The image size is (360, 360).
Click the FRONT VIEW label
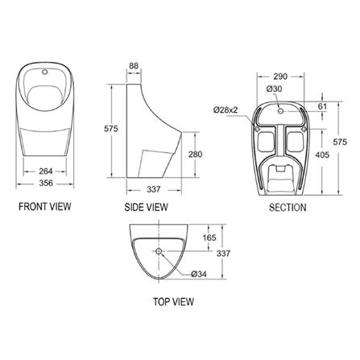45,206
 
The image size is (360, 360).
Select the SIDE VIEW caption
146,207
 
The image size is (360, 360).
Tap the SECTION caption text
288,207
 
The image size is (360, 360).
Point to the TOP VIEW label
173,301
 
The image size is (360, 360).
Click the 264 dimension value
46,171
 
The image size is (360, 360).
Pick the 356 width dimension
46,183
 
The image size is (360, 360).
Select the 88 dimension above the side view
134,66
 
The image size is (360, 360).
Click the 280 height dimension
195,155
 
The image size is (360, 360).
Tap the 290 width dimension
280,77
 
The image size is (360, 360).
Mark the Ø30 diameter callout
275,89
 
